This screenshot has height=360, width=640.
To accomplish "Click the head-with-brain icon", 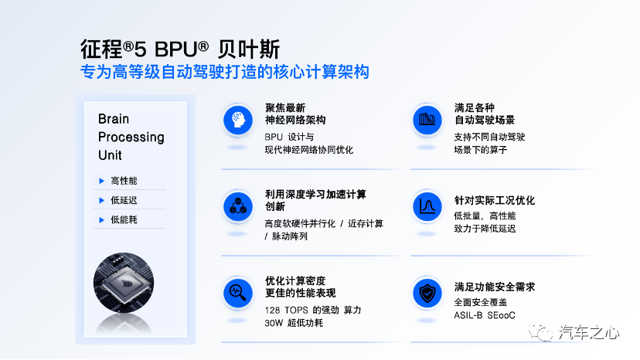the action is pyautogui.click(x=238, y=120).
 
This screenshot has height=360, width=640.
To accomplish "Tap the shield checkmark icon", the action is pyautogui.click(x=427, y=293).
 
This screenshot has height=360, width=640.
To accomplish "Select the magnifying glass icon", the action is pyautogui.click(x=238, y=293).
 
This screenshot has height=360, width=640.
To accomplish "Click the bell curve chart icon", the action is pyautogui.click(x=427, y=206).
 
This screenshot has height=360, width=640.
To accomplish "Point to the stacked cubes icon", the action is pyautogui.click(x=238, y=206).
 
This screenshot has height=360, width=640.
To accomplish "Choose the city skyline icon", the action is pyautogui.click(x=427, y=120).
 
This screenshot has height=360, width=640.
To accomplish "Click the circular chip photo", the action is pyautogui.click(x=124, y=283).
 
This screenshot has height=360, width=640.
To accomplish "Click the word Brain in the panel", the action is pyautogui.click(x=114, y=119).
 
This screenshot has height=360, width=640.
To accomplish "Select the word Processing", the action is pyautogui.click(x=131, y=138).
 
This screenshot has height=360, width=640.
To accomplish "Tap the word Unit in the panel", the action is pyautogui.click(x=110, y=155).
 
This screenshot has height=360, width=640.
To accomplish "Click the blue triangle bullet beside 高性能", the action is pyautogui.click(x=101, y=181).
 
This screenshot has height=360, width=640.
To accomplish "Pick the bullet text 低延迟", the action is pyautogui.click(x=124, y=200).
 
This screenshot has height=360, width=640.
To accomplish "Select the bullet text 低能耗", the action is pyautogui.click(x=124, y=219).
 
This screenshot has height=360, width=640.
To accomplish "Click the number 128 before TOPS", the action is pyautogui.click(x=272, y=311).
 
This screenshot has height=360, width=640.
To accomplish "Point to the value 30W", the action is pyautogui.click(x=274, y=323).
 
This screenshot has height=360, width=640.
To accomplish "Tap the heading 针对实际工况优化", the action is pyautogui.click(x=494, y=200).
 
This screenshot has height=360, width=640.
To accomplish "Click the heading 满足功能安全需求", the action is pyautogui.click(x=494, y=287).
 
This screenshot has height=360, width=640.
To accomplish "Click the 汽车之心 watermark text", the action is pyautogui.click(x=588, y=333).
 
